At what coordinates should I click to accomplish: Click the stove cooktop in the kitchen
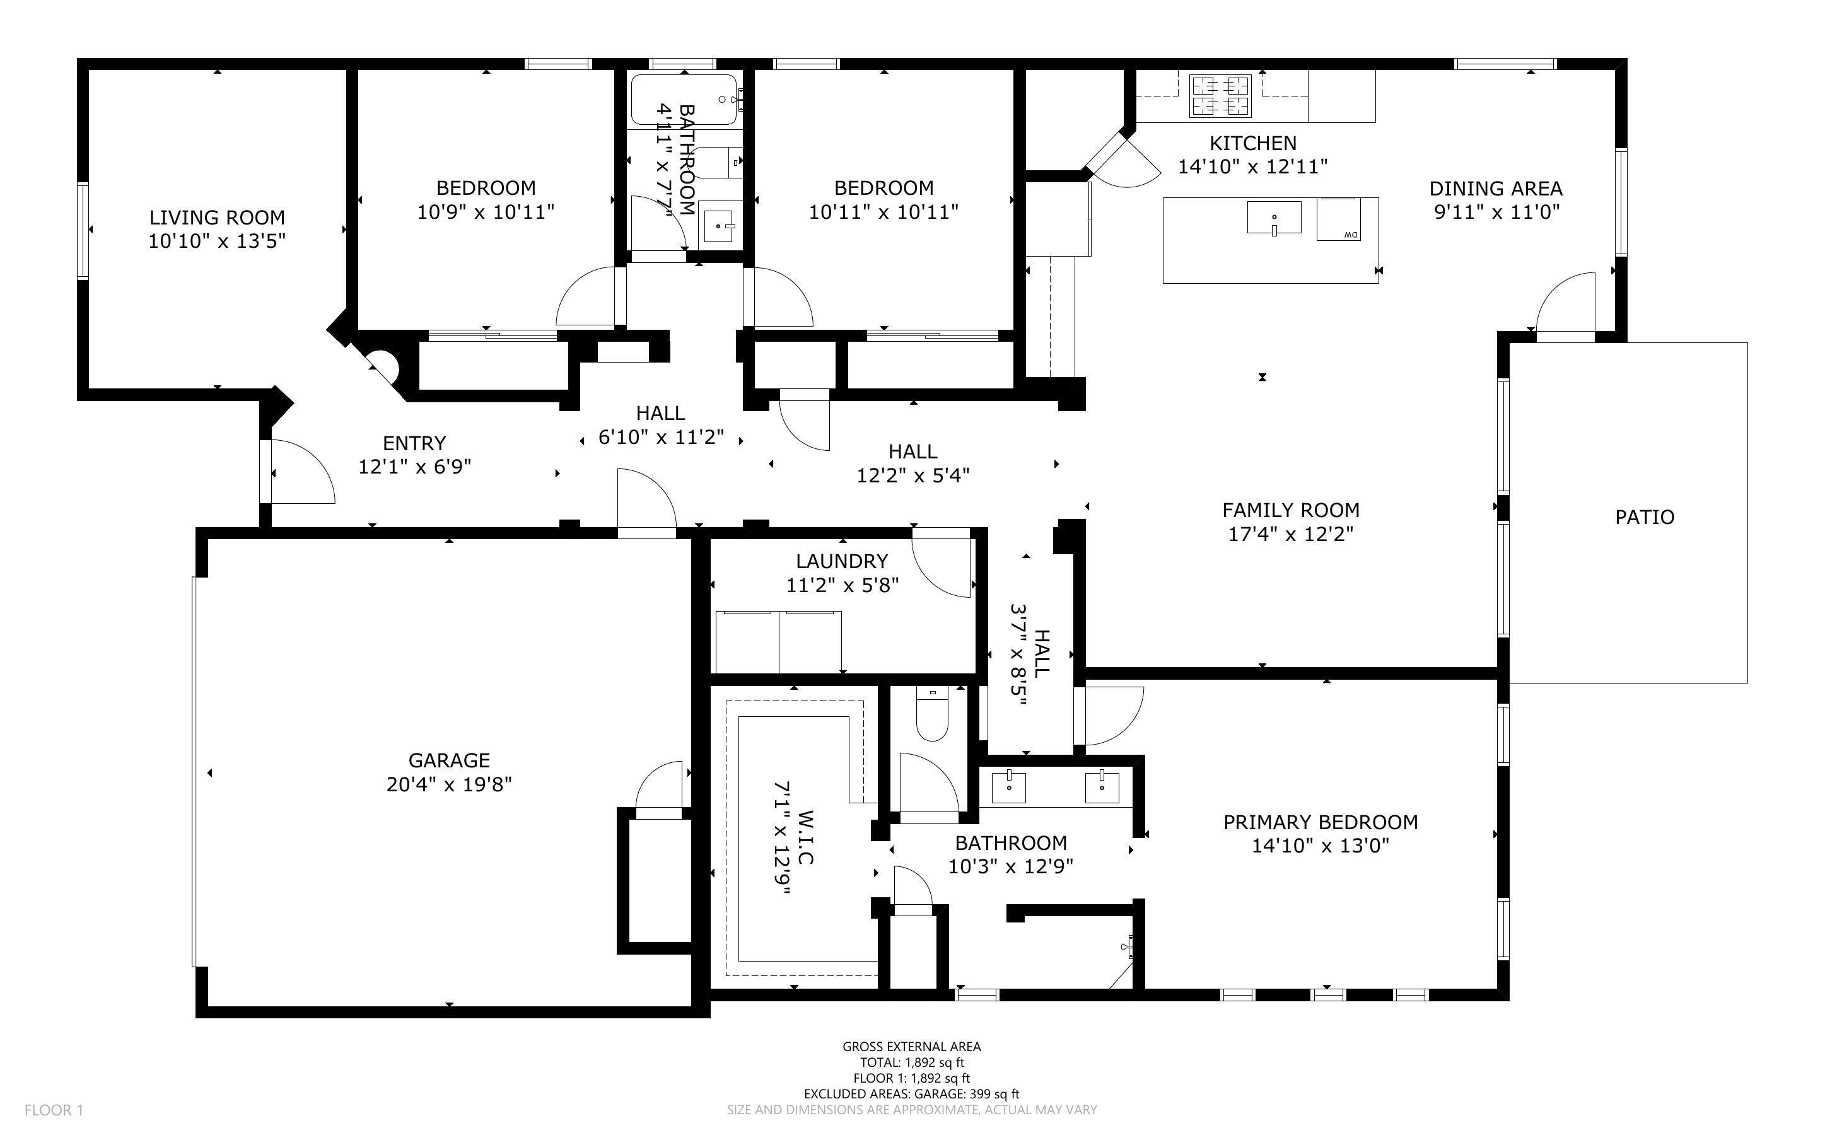pos(1220,96)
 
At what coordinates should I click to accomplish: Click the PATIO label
pos(1644,517)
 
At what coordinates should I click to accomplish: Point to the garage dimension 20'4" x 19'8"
pos(448,785)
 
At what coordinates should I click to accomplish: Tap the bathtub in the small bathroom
pos(683,99)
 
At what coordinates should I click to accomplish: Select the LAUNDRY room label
pos(841,561)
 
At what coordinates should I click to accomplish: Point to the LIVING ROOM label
pos(217,218)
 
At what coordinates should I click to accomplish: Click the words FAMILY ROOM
pos(1290,511)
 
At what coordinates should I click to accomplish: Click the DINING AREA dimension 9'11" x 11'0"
pos(1496,212)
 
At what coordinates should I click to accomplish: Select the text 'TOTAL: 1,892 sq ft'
pos(911,1062)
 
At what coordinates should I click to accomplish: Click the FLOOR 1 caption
pos(54,1110)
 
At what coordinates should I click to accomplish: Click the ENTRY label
pos(414,443)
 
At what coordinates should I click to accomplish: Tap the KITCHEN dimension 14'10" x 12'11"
pos(1252,166)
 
